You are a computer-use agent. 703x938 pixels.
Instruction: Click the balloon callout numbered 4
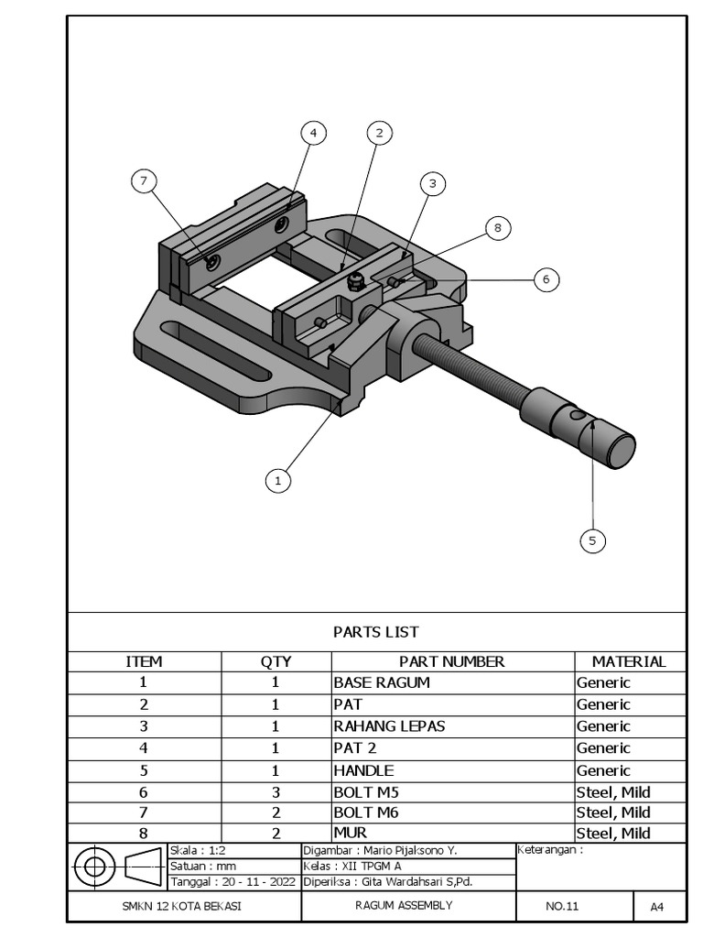[x=313, y=134]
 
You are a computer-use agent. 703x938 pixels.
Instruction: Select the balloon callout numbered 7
[x=143, y=181]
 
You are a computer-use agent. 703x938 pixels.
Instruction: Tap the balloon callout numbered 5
[x=592, y=540]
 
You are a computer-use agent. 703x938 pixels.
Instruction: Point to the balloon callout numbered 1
[x=278, y=479]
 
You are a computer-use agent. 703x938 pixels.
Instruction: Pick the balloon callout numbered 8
[x=497, y=228]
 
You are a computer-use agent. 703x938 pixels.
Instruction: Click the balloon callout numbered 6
[x=546, y=279]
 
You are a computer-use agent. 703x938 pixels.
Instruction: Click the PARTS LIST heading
[x=375, y=632]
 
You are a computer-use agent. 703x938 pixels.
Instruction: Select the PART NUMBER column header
[x=451, y=661]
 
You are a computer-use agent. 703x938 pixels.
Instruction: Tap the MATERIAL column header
[x=629, y=661]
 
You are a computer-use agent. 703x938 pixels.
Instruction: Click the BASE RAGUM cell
[x=382, y=682]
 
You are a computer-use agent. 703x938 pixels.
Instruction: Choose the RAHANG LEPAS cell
[x=389, y=726]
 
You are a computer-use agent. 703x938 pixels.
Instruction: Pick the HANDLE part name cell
[x=363, y=770]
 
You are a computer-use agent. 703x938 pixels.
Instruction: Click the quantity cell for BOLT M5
[x=276, y=792]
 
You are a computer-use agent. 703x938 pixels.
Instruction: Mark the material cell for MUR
[x=612, y=833]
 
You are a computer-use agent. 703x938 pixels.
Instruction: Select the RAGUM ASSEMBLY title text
[x=404, y=906]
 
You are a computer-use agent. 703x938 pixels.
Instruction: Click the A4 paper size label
[x=656, y=907]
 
